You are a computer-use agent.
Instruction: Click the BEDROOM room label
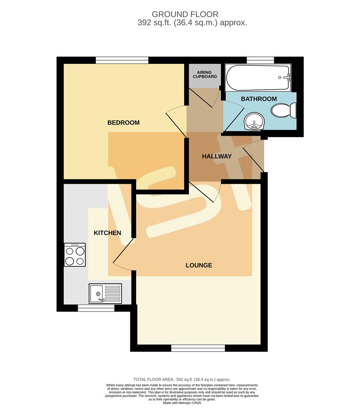(x=123, y=123)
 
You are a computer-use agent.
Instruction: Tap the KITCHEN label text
(x=108, y=233)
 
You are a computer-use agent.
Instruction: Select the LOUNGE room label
(x=199, y=265)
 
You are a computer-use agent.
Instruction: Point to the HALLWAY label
(x=217, y=156)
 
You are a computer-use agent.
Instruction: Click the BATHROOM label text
(x=259, y=99)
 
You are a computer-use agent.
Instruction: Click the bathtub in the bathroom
(x=258, y=77)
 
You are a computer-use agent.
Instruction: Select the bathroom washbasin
(x=255, y=122)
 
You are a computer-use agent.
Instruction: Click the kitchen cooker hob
(x=75, y=255)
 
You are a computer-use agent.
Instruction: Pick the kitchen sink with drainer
(x=105, y=294)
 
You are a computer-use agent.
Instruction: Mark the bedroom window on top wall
(x=122, y=60)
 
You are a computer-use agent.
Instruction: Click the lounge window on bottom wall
(x=198, y=348)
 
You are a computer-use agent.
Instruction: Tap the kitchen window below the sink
(x=96, y=308)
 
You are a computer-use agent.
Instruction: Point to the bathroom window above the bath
(x=260, y=60)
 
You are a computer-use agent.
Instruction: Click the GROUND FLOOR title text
(x=185, y=14)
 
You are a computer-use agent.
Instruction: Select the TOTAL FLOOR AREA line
(x=182, y=379)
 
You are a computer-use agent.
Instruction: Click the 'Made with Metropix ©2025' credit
(x=182, y=403)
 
